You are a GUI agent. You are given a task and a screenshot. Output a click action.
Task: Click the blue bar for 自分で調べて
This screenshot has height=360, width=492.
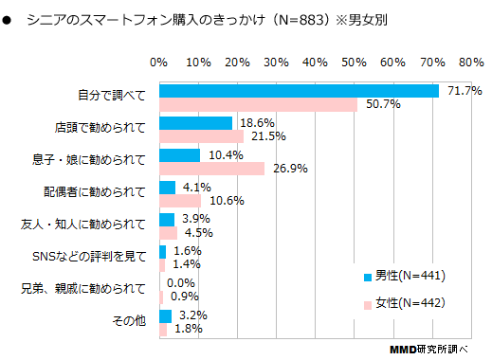tap(299, 91)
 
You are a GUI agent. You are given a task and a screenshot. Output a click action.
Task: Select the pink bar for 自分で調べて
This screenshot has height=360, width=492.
tap(258, 104)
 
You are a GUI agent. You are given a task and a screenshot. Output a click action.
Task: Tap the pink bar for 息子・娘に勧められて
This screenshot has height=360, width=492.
tap(211, 169)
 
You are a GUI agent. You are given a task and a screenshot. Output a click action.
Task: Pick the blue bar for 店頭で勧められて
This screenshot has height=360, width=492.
tap(195, 123)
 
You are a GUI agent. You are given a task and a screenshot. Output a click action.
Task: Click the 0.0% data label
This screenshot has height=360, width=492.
tap(180, 283)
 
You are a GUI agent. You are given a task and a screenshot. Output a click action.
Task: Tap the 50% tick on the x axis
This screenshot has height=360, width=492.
tap(354, 62)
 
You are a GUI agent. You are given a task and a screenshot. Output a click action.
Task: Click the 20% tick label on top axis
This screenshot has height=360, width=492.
tap(237, 62)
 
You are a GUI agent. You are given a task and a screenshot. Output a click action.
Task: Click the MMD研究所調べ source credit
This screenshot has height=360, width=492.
tap(428, 348)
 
